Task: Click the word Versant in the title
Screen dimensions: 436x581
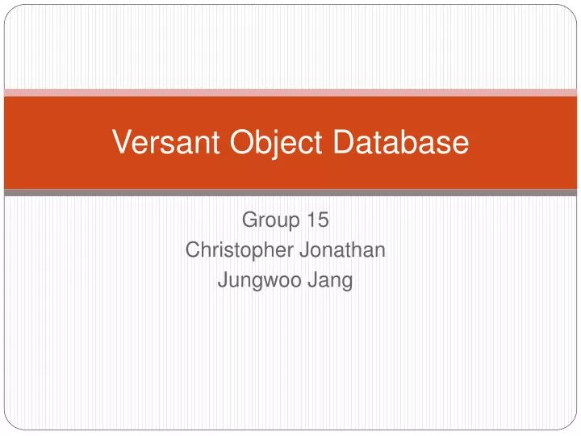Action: (x=157, y=143)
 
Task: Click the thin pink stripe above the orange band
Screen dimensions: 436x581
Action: (x=290, y=93)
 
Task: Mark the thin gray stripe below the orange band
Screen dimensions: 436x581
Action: (x=290, y=193)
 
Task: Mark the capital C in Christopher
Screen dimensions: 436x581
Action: (x=192, y=250)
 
